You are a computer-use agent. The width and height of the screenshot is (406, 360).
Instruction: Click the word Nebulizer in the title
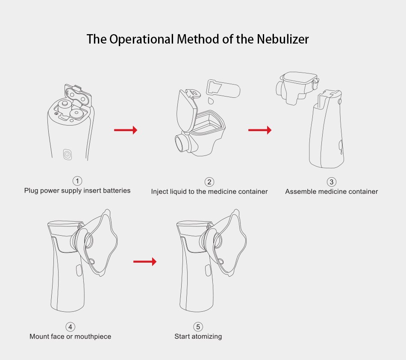pyautogui.click(x=282, y=39)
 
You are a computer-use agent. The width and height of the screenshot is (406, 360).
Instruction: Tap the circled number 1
pyautogui.click(x=77, y=181)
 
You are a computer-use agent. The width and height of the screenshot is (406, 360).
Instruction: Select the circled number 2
pyautogui.click(x=209, y=182)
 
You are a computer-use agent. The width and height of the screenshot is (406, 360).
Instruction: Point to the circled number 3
pyautogui.click(x=331, y=182)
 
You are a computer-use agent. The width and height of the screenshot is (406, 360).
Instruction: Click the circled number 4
pyautogui.click(x=70, y=327)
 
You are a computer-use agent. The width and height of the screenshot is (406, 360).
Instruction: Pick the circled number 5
pyautogui.click(x=198, y=327)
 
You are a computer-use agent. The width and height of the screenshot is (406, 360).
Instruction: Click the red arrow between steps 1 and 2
pyautogui.click(x=125, y=130)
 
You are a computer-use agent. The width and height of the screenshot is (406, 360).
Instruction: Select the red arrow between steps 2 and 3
pyautogui.click(x=260, y=130)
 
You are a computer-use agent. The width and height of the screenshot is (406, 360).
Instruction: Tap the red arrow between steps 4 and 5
pyautogui.click(x=145, y=261)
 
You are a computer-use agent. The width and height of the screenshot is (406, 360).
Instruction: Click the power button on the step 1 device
pyautogui.click(x=67, y=154)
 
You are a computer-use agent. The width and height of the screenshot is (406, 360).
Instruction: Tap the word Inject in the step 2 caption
pyautogui.click(x=160, y=192)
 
